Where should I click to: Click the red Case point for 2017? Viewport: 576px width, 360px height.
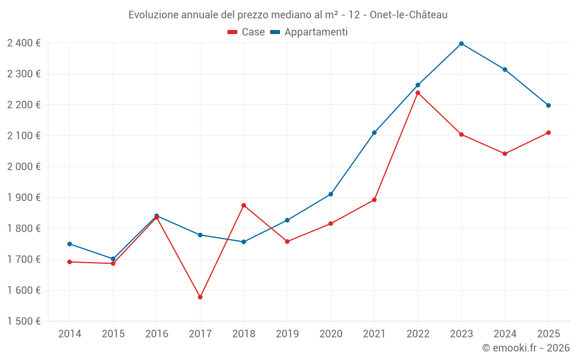click(x=200, y=297)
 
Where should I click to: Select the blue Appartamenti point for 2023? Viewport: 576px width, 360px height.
click(x=461, y=44)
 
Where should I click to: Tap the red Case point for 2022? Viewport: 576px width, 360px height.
click(x=418, y=93)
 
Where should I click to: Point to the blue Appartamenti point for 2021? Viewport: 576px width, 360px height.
click(x=374, y=132)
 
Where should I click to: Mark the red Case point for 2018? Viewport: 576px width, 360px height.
click(x=244, y=205)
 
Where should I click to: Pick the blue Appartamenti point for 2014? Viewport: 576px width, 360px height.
click(x=70, y=244)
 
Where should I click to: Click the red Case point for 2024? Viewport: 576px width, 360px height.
click(x=505, y=154)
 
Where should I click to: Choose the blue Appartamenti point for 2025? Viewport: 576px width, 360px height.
click(x=548, y=105)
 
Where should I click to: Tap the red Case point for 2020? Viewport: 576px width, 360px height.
click(x=331, y=223)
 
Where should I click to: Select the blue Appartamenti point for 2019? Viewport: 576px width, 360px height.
click(x=287, y=220)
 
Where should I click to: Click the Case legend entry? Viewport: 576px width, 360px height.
click(x=247, y=32)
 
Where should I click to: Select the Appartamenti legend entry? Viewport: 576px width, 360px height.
click(x=309, y=32)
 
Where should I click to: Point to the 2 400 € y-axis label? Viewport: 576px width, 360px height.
click(x=24, y=43)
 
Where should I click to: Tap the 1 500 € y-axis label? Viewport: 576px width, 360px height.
click(x=24, y=321)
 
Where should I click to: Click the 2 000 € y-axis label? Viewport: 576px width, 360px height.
click(x=24, y=166)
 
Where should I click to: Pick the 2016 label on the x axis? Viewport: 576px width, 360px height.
click(x=157, y=334)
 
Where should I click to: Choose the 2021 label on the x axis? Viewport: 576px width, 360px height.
click(x=374, y=334)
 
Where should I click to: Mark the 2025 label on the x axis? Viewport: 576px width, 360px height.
click(x=548, y=334)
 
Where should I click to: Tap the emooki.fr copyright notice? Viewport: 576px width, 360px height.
click(x=526, y=348)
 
